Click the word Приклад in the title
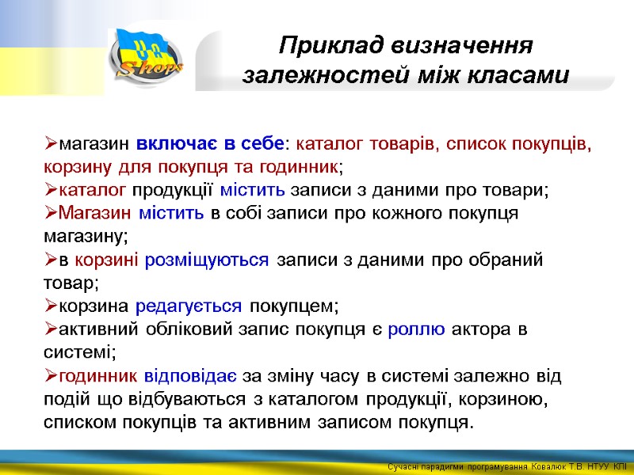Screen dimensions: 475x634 323,45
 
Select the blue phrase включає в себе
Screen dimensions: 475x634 210,145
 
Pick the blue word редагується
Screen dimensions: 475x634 189,306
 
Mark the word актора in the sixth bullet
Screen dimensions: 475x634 483,329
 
